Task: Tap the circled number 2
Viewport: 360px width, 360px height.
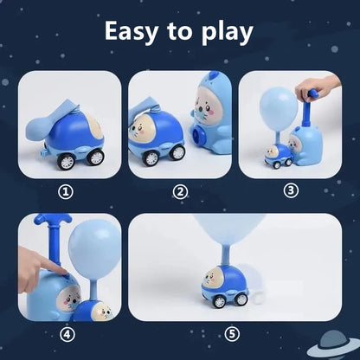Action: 180,191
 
